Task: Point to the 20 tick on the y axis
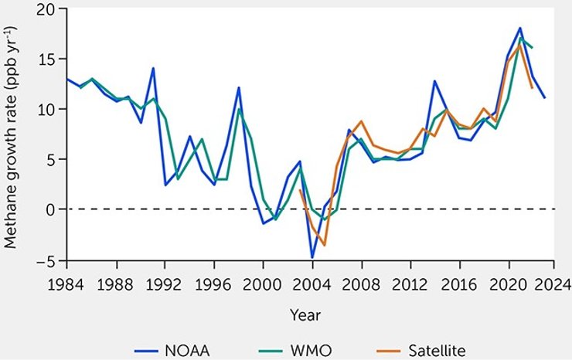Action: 52,8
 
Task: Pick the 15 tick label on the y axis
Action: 52,59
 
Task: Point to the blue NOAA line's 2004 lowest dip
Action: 312,257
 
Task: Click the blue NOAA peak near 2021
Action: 520,29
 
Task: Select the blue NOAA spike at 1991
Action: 153,68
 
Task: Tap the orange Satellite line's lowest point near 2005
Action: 325,245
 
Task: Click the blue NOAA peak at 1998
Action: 239,87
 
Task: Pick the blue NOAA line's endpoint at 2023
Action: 545,98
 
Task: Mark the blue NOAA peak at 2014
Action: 434,81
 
